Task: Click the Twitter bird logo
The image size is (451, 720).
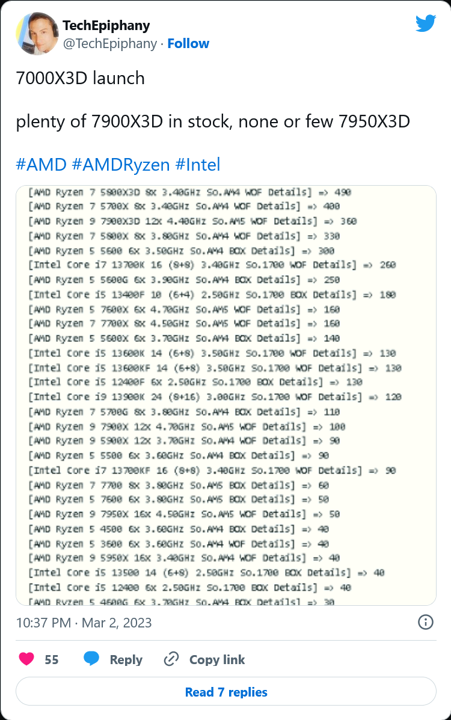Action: (x=425, y=23)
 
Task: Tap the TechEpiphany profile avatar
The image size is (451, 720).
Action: (x=37, y=34)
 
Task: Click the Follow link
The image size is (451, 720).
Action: (x=188, y=43)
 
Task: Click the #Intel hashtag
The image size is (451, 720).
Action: (x=198, y=164)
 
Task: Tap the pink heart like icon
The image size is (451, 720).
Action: (x=26, y=659)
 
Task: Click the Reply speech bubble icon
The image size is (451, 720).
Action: (x=91, y=659)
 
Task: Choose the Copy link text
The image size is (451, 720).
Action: (x=217, y=659)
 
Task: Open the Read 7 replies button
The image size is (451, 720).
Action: (x=226, y=692)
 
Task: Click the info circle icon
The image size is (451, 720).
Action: (x=425, y=622)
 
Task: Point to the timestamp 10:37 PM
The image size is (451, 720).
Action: (x=43, y=623)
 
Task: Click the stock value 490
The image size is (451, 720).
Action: (x=343, y=192)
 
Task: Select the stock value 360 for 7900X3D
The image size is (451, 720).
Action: (x=348, y=221)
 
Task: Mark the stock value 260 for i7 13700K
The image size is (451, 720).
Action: (x=388, y=265)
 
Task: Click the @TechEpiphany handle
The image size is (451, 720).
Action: (x=109, y=44)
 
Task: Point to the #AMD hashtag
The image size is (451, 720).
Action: (x=41, y=164)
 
